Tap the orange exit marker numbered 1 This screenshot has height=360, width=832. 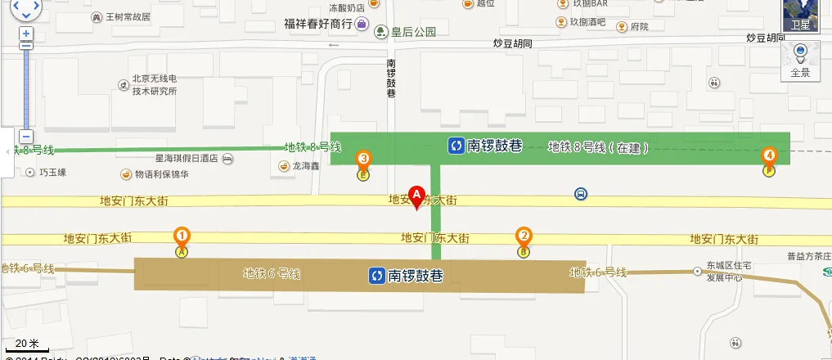(182, 237)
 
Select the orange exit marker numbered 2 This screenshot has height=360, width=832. (524, 236)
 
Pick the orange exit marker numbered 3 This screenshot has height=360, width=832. (362, 159)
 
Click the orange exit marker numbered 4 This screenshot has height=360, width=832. (768, 155)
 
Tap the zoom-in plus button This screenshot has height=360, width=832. (26, 34)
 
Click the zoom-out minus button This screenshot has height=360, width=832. (26, 137)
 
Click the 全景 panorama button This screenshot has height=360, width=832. (800, 61)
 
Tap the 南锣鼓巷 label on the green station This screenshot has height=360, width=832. (484, 146)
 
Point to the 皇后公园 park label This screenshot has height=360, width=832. (407, 33)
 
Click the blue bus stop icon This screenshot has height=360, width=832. (580, 194)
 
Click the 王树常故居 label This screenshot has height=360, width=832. (127, 16)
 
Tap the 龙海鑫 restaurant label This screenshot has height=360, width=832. (304, 166)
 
